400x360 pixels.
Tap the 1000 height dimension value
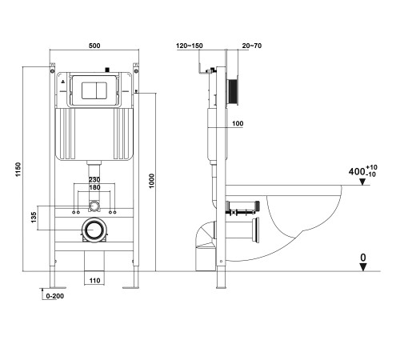152,182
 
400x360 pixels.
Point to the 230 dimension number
94,181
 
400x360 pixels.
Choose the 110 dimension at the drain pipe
94,282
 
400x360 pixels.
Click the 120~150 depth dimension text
190,46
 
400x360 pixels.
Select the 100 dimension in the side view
238,124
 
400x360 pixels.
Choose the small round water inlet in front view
94,206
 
